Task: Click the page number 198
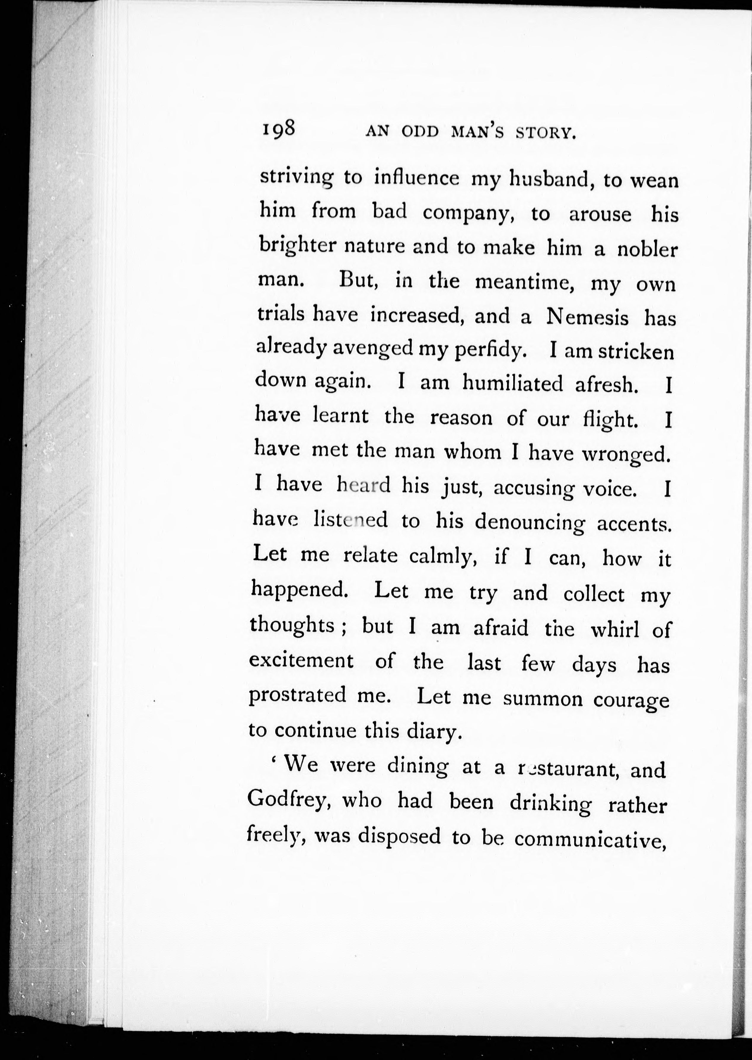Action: coord(279,128)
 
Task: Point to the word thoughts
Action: coord(292,626)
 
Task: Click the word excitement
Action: coord(302,660)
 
